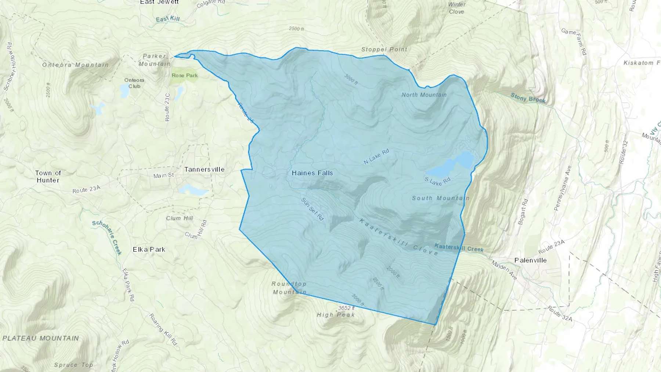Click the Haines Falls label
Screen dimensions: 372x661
[x=312, y=173]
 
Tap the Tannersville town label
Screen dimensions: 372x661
[x=204, y=169]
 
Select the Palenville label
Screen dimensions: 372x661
[x=530, y=260]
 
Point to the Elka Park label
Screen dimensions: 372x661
[x=149, y=249]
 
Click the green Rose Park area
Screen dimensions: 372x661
[x=185, y=75]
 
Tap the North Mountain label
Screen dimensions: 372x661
[x=424, y=95]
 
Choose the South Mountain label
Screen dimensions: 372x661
[x=440, y=198]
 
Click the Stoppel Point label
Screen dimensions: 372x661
[x=384, y=49]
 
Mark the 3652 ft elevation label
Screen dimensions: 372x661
[x=346, y=308]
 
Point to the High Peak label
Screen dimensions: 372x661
[x=336, y=315]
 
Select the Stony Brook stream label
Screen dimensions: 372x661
[x=528, y=98]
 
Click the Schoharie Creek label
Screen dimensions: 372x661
[x=107, y=237]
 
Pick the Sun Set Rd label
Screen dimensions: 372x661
[x=312, y=209]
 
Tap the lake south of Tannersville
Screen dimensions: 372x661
[x=193, y=190]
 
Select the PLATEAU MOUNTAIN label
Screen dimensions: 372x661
[x=41, y=338]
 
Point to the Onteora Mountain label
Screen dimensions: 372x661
[x=75, y=65]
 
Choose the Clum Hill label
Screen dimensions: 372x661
[x=179, y=218]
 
